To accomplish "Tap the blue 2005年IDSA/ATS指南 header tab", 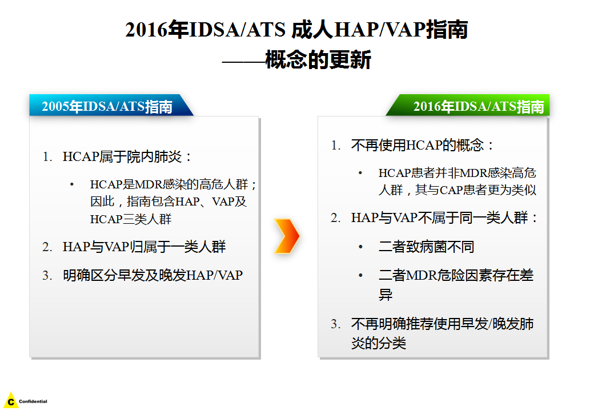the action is (111, 105).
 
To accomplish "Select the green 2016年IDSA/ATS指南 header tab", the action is (468, 105).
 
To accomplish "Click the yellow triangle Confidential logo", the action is (11, 400).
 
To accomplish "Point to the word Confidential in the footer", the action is (33, 401).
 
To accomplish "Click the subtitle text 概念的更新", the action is (318, 60).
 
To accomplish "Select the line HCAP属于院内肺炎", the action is (128, 156).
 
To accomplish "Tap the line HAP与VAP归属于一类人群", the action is (144, 247).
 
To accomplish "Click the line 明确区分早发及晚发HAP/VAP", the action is (152, 275).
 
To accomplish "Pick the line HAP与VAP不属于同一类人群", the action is (444, 218).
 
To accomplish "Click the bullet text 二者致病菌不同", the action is (426, 247).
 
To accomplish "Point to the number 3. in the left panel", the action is (47, 276).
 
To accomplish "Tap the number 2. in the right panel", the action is (336, 219).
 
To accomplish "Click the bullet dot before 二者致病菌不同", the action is (360, 247).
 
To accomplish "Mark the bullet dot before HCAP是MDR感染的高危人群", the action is (72, 185).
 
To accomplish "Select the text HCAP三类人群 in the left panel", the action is (131, 219).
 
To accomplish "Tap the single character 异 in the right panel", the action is (386, 294).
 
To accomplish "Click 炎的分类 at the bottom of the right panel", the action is (379, 343).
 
